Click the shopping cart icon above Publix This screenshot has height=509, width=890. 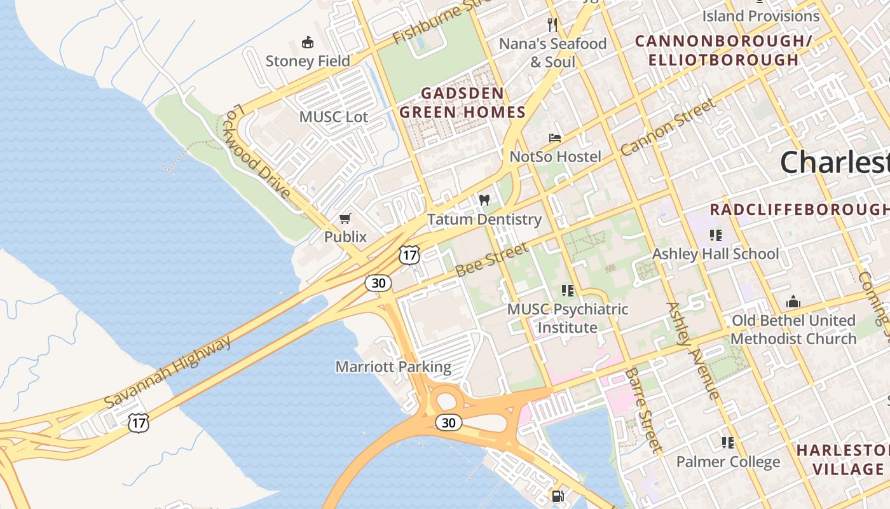345,219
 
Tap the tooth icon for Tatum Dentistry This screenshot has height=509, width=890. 484,200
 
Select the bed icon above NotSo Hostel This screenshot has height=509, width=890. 555,138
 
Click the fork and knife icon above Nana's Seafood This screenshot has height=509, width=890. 552,25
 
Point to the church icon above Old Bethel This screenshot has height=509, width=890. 793,302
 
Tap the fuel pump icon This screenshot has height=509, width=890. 558,495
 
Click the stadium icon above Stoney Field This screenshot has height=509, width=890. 308,43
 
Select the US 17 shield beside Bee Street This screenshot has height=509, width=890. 409,255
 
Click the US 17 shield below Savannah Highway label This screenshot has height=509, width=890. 138,422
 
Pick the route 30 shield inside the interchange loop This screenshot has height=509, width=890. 449,422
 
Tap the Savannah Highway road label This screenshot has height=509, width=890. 168,372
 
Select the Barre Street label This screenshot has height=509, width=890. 643,410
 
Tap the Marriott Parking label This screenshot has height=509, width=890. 393,367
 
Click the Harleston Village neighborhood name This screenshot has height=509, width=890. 842,459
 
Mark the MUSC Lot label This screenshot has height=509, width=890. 333,117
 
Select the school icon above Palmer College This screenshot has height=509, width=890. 728,442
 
